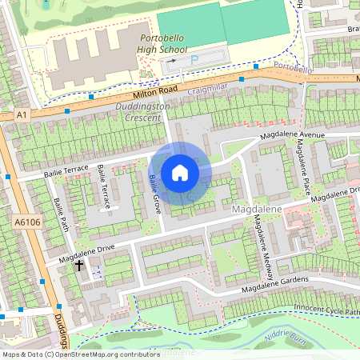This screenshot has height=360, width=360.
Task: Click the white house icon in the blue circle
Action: click(x=180, y=172)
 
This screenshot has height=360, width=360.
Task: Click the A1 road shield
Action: click(x=21, y=116)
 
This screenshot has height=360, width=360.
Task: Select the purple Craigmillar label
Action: click(x=208, y=92)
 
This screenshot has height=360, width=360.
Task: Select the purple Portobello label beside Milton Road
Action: click(x=292, y=69)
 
